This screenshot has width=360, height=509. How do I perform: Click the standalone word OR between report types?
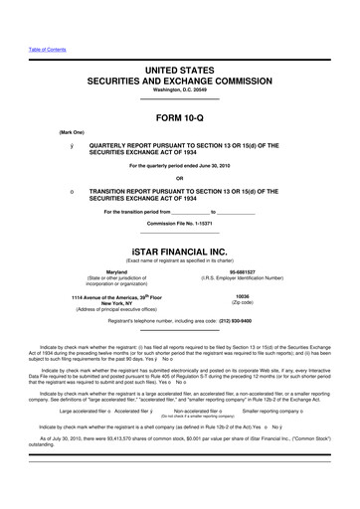[180, 179]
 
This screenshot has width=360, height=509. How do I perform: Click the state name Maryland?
[116, 270]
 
